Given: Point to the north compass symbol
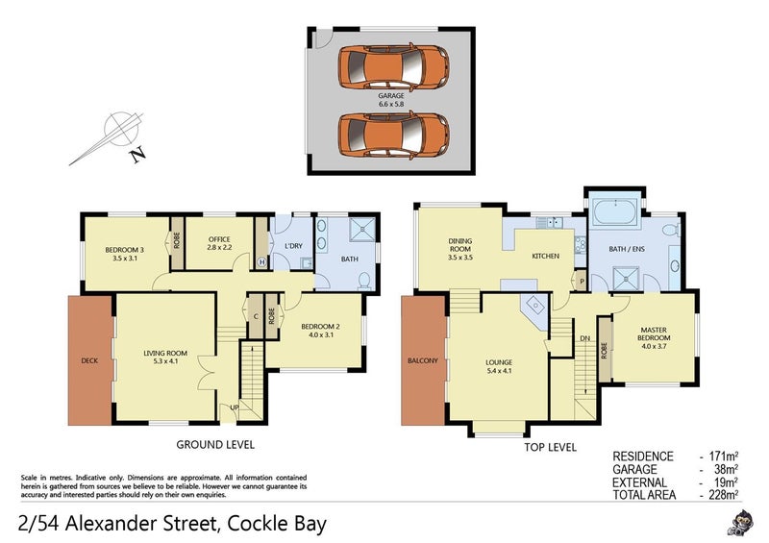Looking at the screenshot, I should (120, 136).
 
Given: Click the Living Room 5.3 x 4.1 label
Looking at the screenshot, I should (163, 357).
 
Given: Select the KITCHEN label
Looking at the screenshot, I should (546, 257).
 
